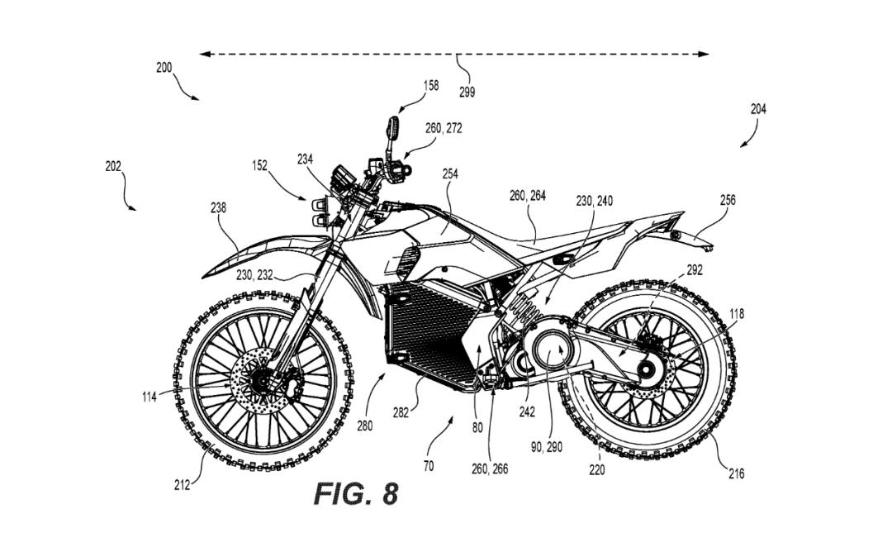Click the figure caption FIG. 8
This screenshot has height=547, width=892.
[356, 493]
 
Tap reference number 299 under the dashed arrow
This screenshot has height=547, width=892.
[467, 93]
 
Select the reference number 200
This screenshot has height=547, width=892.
[164, 68]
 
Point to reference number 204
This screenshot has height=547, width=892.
[757, 108]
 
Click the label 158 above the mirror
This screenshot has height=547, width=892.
[430, 85]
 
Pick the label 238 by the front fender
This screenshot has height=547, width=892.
[218, 208]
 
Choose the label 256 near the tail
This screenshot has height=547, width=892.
[727, 200]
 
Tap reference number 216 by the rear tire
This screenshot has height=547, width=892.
[736, 473]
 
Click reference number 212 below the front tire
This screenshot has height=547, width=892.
[182, 485]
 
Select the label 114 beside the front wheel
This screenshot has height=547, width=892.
[149, 397]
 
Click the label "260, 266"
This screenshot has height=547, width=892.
[491, 469]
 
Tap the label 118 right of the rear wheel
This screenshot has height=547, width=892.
[736, 313]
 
